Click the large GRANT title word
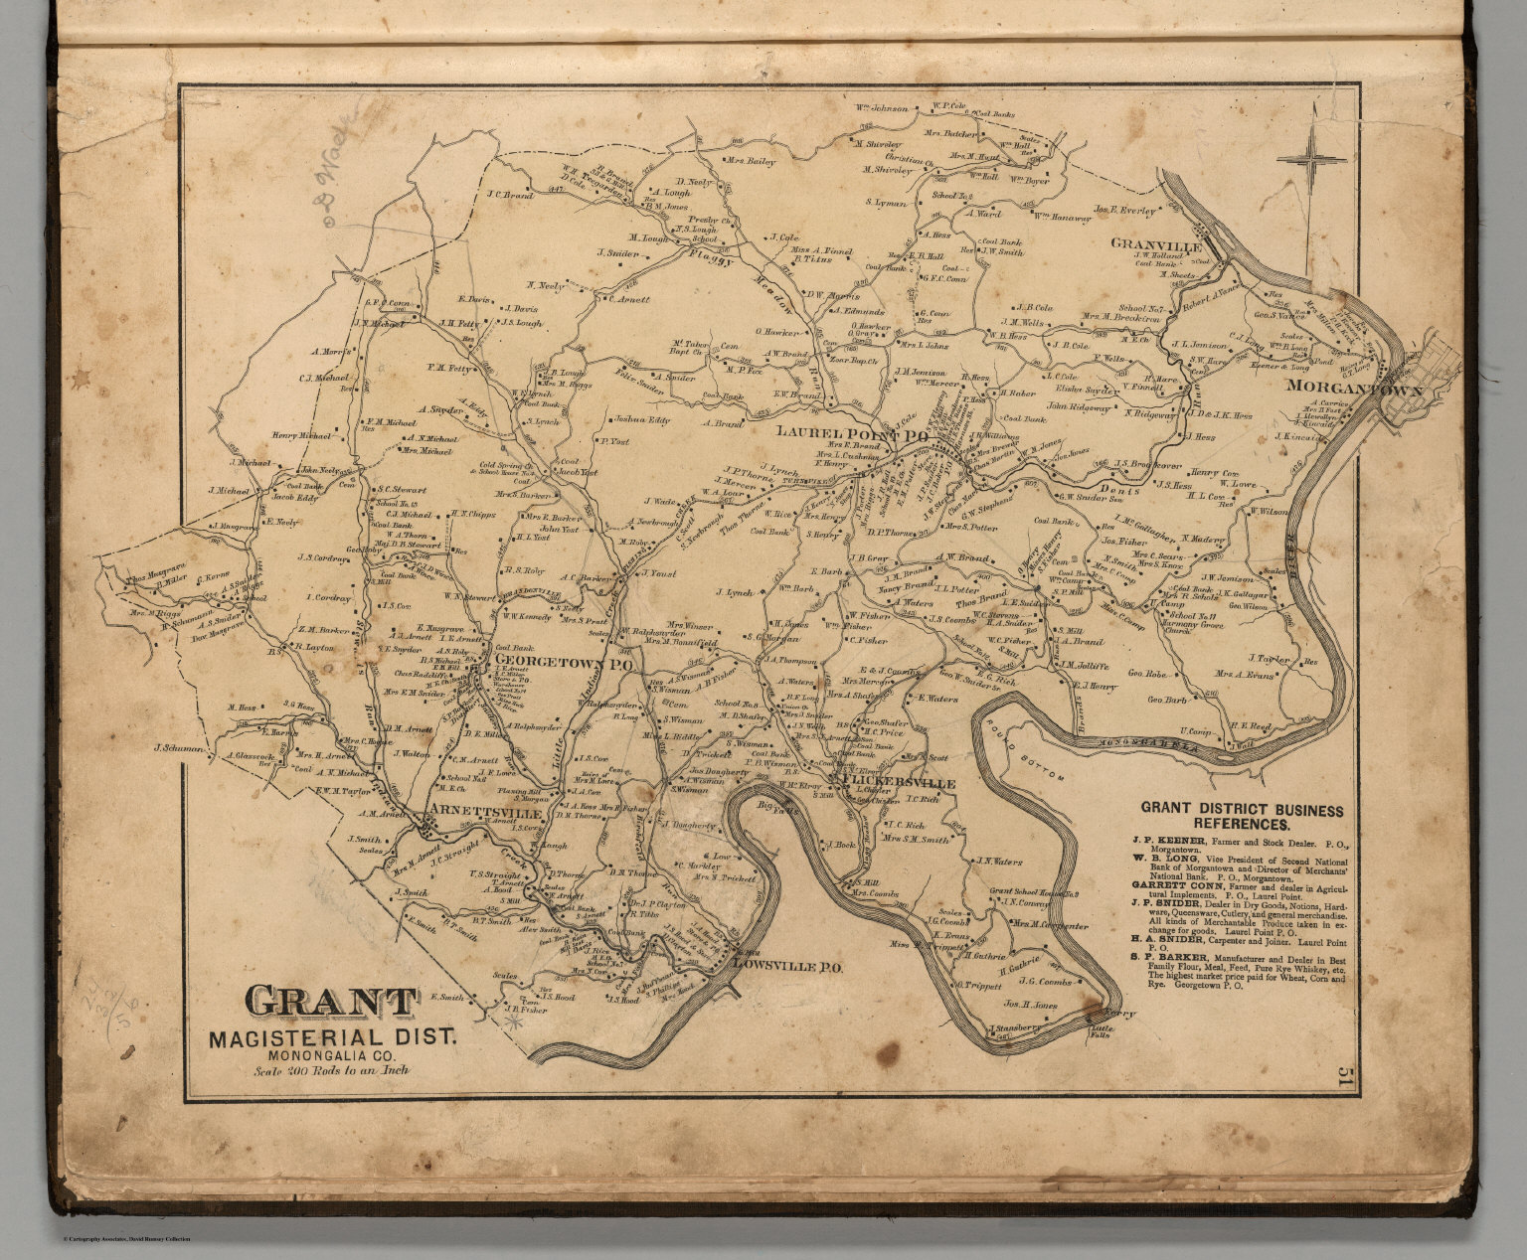[x=314, y=1004]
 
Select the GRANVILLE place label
[x=1156, y=243]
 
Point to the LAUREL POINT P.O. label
[x=852, y=434]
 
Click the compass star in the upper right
[x=1311, y=158]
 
